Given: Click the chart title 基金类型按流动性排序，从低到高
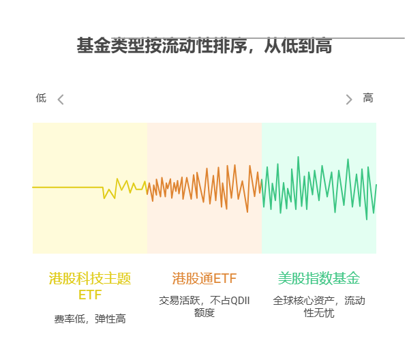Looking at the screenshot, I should [x=204, y=46].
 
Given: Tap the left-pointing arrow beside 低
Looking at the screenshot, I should [x=60, y=100].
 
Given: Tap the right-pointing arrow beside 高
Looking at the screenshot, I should [x=349, y=100].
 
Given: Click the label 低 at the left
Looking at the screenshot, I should [x=41, y=98].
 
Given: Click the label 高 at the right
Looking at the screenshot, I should [x=368, y=98].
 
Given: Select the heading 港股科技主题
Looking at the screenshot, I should [x=90, y=278].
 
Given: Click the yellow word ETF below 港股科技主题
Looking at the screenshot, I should [x=90, y=295].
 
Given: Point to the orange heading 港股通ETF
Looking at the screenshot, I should [x=204, y=278].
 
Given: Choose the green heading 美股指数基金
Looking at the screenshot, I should [x=318, y=278].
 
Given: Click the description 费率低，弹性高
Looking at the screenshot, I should [x=90, y=318].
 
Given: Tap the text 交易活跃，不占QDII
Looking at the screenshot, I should [x=204, y=300].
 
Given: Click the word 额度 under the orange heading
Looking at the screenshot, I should [x=204, y=313].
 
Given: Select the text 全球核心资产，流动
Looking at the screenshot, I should [x=318, y=300].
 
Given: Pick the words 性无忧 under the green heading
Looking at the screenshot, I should [x=318, y=313].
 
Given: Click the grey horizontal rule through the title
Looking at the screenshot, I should [x=368, y=38].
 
